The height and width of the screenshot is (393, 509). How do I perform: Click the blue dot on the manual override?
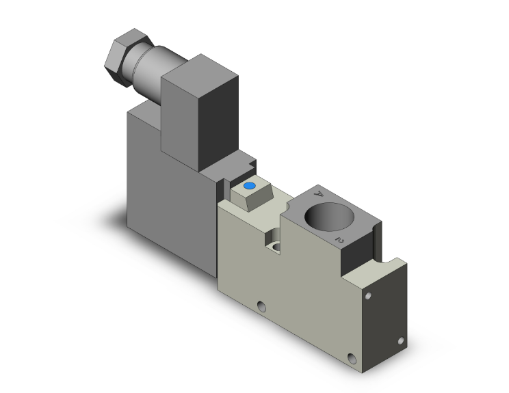pos(249,186)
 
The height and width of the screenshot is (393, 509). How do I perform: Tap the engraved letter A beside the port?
pos(317,194)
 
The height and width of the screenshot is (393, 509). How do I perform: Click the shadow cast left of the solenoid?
pos(109,219)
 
